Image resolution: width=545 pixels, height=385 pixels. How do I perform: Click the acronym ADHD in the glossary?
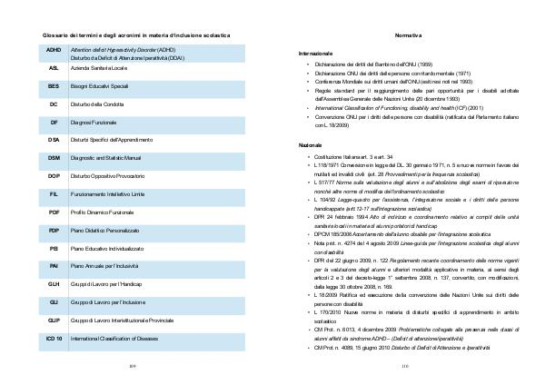point(54,50)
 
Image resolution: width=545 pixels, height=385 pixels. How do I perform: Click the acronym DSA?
point(54,139)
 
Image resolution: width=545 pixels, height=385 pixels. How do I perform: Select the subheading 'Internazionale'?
point(317,54)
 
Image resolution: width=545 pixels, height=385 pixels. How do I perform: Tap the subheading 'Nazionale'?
point(312,145)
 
